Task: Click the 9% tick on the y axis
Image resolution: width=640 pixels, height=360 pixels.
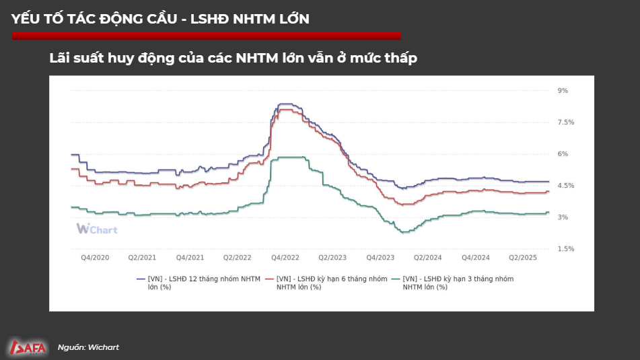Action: (x=563, y=90)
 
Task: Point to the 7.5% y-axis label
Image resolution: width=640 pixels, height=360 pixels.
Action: (x=565, y=122)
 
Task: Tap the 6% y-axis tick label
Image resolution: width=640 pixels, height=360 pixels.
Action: (x=563, y=154)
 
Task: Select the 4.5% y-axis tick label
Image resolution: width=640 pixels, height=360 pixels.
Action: (x=565, y=186)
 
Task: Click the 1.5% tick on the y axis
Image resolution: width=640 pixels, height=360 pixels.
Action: (x=565, y=249)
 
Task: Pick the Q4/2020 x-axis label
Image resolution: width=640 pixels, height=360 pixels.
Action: (x=95, y=258)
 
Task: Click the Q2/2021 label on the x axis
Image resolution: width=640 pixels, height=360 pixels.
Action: (x=142, y=258)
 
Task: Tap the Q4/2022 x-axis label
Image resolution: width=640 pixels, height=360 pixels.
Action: (x=285, y=258)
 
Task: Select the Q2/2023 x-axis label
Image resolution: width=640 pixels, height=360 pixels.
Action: (x=332, y=258)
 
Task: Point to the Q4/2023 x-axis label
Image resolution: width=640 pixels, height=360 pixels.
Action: (x=380, y=258)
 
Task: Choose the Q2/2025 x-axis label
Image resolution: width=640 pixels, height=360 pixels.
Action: (x=523, y=258)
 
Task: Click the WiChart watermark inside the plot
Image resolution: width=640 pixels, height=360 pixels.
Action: (x=97, y=229)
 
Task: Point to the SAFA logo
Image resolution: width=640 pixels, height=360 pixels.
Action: (x=28, y=347)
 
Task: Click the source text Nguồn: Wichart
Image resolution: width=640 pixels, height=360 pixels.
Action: (x=88, y=347)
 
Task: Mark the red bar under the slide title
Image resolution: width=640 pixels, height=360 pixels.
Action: (x=206, y=36)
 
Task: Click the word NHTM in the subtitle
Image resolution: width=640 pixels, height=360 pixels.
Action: (x=257, y=59)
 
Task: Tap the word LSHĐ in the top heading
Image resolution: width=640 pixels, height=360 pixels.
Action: (x=210, y=19)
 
